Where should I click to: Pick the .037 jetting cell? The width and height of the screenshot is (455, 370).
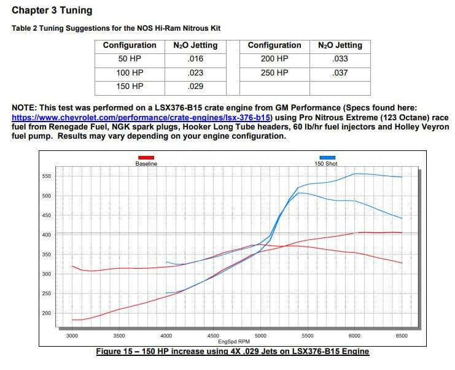pyautogui.click(x=340, y=73)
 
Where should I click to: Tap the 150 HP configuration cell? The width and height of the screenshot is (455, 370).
pyautogui.click(x=130, y=87)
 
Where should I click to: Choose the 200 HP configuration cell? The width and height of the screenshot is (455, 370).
pyautogui.click(x=274, y=60)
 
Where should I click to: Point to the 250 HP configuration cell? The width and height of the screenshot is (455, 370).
pyautogui.click(x=274, y=73)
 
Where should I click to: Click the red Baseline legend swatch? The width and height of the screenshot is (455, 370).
pyautogui.click(x=146, y=158)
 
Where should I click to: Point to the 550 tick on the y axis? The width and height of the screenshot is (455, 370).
pyautogui.click(x=46, y=177)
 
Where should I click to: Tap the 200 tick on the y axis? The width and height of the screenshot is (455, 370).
pyautogui.click(x=46, y=314)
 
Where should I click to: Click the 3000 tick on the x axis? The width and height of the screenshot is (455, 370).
pyautogui.click(x=72, y=336)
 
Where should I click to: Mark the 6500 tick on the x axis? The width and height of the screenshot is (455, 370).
pyautogui.click(x=402, y=336)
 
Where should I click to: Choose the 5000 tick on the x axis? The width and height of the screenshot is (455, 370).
pyautogui.click(x=260, y=336)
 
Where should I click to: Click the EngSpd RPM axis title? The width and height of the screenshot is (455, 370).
pyautogui.click(x=236, y=342)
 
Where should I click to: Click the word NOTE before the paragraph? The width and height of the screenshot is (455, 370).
pyautogui.click(x=24, y=108)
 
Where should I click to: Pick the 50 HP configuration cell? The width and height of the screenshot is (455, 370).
pyautogui.click(x=130, y=60)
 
